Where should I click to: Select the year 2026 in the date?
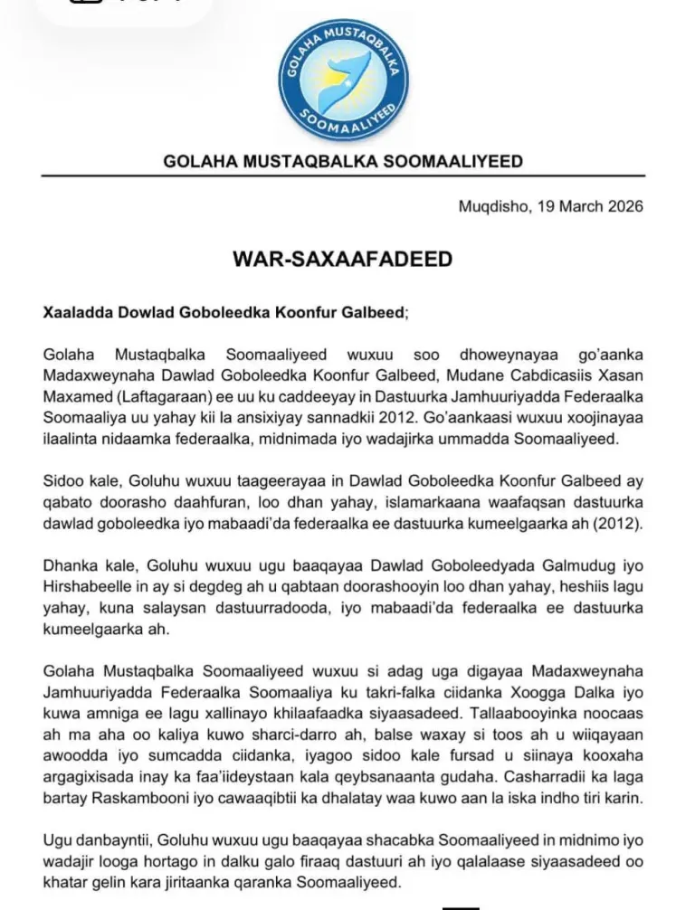(x=624, y=206)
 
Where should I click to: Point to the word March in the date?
(x=577, y=206)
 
